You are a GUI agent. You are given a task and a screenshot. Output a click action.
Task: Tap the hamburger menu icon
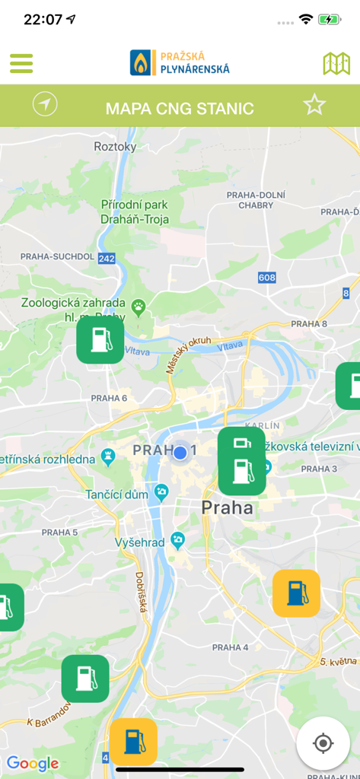[x=21, y=63]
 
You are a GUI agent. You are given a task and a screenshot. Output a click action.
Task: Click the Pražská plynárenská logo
[x=180, y=62]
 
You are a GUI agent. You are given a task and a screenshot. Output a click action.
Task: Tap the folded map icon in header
[x=336, y=63]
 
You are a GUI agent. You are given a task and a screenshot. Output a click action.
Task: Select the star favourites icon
[x=314, y=105]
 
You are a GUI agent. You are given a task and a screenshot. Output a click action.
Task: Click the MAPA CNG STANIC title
[x=180, y=108]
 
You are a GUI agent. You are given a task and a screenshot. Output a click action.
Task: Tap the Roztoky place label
[x=115, y=146]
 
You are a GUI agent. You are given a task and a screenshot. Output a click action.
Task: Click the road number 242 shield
[x=107, y=259]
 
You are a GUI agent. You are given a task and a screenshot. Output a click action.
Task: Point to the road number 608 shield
[x=266, y=278]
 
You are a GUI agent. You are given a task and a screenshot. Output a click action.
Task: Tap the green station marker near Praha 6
[x=100, y=339]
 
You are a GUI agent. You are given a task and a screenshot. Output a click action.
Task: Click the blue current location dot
[x=180, y=453]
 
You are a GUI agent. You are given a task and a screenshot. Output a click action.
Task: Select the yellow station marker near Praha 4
[x=296, y=593]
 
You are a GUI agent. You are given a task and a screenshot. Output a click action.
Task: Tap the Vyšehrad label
[x=141, y=542]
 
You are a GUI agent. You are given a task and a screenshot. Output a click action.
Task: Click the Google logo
[x=33, y=763]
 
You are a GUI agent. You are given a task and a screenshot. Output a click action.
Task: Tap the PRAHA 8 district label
[x=309, y=324]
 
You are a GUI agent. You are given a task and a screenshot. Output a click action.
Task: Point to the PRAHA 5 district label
[x=60, y=532]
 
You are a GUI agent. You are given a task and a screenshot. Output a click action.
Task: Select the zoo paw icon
[x=139, y=307]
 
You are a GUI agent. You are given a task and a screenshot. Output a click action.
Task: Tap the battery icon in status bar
[x=330, y=20]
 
